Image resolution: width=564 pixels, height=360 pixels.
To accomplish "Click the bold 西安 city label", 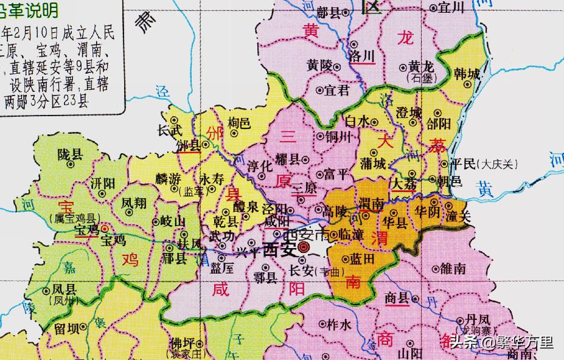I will (279, 250).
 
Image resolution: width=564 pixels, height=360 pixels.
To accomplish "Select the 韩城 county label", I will (466, 74).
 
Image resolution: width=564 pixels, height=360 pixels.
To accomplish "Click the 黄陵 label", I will (320, 64).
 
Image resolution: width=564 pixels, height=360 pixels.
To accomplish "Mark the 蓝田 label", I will (360, 258).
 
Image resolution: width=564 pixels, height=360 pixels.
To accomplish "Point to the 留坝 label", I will (66, 329).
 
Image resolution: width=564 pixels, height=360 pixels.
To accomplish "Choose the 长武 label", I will (170, 130).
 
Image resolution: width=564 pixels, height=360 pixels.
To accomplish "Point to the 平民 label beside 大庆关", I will (465, 164).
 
